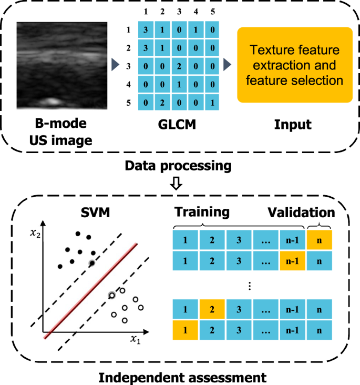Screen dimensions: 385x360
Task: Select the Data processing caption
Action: pyautogui.click(x=178, y=166)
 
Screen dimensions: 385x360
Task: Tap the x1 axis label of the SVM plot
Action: pyautogui.click(x=136, y=340)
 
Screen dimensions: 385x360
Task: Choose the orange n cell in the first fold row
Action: pyautogui.click(x=320, y=240)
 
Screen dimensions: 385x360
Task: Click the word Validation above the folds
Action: pyautogui.click(x=301, y=212)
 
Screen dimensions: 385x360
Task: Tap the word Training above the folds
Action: pyautogui.click(x=202, y=212)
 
